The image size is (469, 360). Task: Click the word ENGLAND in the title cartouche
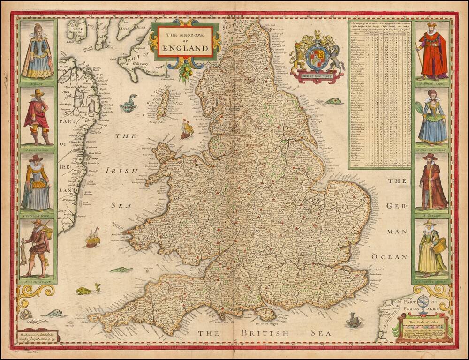coord(185,48)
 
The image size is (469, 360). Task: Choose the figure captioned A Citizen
coord(432,181)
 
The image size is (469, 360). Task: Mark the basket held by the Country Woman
coord(439,245)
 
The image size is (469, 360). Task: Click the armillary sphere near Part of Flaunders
coord(422,304)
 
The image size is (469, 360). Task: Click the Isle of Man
coord(163,104)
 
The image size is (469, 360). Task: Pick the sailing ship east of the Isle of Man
coord(187,129)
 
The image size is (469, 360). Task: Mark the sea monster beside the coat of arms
coord(332,100)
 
